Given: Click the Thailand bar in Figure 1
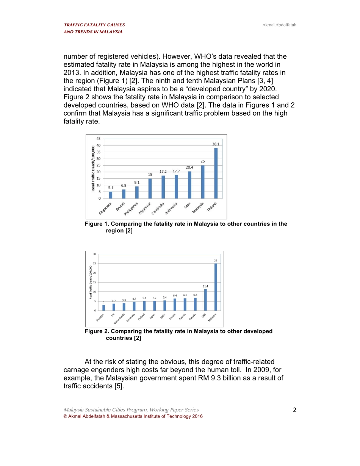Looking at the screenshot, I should (x=216, y=173).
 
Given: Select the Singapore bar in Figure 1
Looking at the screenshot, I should (x=111, y=195).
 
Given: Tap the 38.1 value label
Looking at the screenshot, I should (x=216, y=144).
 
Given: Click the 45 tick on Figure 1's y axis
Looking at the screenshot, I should (x=98, y=139).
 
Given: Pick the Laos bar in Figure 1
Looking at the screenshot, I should (x=189, y=185).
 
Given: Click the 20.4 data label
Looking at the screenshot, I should (x=189, y=167).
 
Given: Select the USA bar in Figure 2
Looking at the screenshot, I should (x=205, y=300).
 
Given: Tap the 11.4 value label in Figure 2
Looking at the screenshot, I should (x=205, y=286).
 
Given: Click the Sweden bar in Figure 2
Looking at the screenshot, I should (x=103, y=308).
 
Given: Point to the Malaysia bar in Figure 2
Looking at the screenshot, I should (x=216, y=287).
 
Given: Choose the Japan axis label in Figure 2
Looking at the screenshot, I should (x=152, y=316).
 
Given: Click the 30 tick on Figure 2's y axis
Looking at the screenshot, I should (x=94, y=254).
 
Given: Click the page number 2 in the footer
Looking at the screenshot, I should (x=294, y=410).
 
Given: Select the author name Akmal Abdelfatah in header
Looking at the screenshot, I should (x=279, y=25).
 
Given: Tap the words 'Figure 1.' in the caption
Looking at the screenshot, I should (x=96, y=224).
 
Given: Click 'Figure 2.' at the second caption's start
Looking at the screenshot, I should (x=96, y=332).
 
